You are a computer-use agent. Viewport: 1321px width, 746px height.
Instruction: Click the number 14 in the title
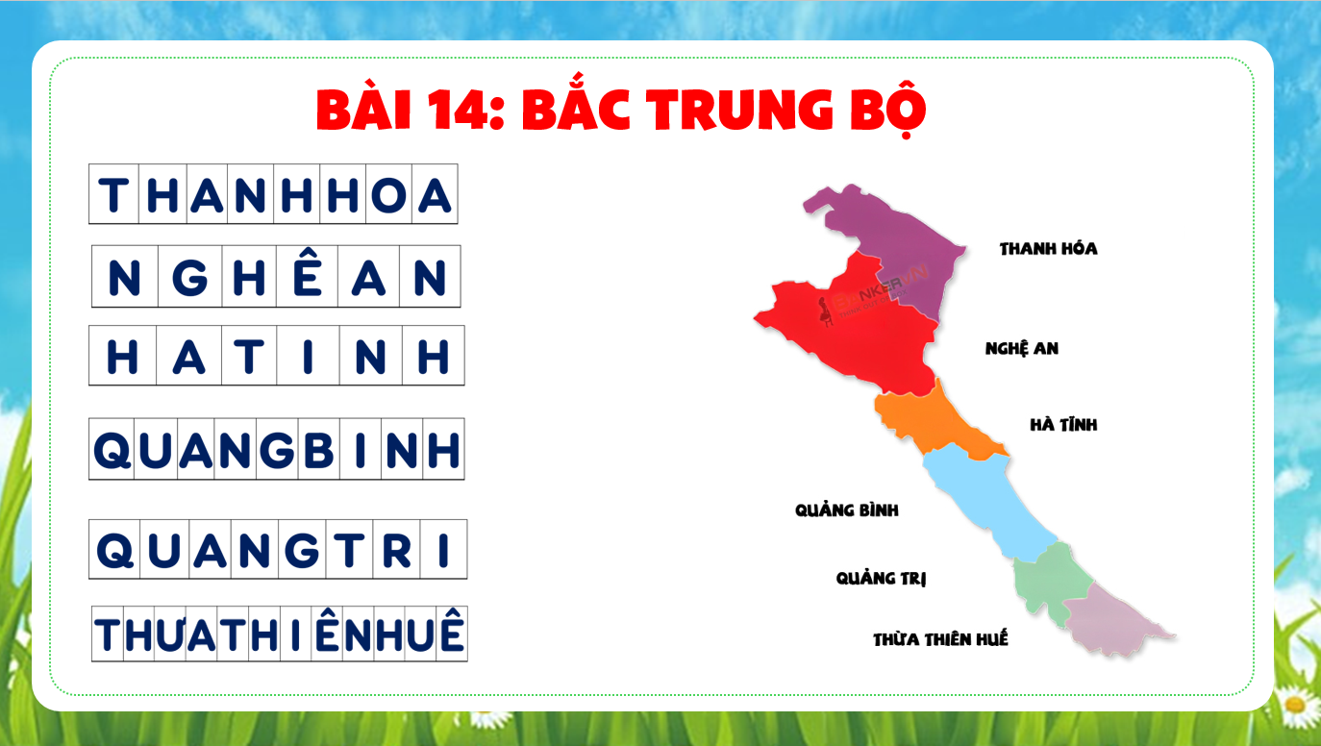point(459,110)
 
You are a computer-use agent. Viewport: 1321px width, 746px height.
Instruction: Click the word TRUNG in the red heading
point(741,110)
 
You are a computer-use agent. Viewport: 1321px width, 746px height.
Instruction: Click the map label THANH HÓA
point(1049,248)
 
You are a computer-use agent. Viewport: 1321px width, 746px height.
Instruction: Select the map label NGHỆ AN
point(1021,348)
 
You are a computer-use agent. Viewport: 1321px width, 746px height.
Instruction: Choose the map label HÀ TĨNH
point(1063,424)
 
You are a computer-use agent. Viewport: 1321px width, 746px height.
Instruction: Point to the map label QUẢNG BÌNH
point(847,510)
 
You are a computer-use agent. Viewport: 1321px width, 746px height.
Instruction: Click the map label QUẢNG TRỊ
point(881,578)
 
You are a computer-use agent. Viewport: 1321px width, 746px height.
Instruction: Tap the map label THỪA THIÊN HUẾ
point(940,638)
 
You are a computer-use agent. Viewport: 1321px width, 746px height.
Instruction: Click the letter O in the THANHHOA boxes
point(388,195)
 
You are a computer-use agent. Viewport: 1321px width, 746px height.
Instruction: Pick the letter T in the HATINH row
point(248,357)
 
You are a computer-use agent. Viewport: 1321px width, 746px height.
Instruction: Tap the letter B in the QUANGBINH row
point(318,450)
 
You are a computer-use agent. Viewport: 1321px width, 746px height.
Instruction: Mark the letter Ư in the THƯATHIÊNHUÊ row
point(170,634)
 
